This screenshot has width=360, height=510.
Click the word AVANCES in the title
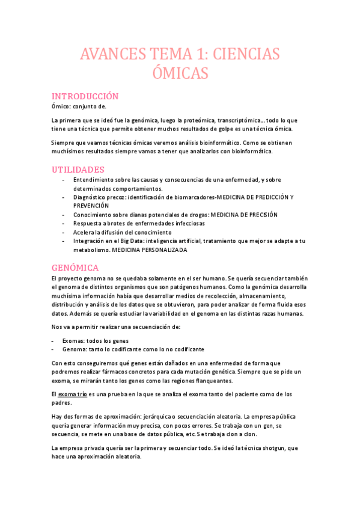[x=112, y=54]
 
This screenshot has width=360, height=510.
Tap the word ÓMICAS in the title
[x=180, y=74]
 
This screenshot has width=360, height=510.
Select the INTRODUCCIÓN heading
[x=85, y=96]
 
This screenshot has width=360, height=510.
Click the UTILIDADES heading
[x=79, y=170]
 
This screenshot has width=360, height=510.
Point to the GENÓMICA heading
[x=75, y=267]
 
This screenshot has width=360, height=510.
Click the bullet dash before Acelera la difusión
[x=64, y=232]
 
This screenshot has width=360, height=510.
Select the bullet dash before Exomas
[x=55, y=340]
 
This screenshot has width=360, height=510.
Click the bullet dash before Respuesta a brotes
[x=64, y=223]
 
